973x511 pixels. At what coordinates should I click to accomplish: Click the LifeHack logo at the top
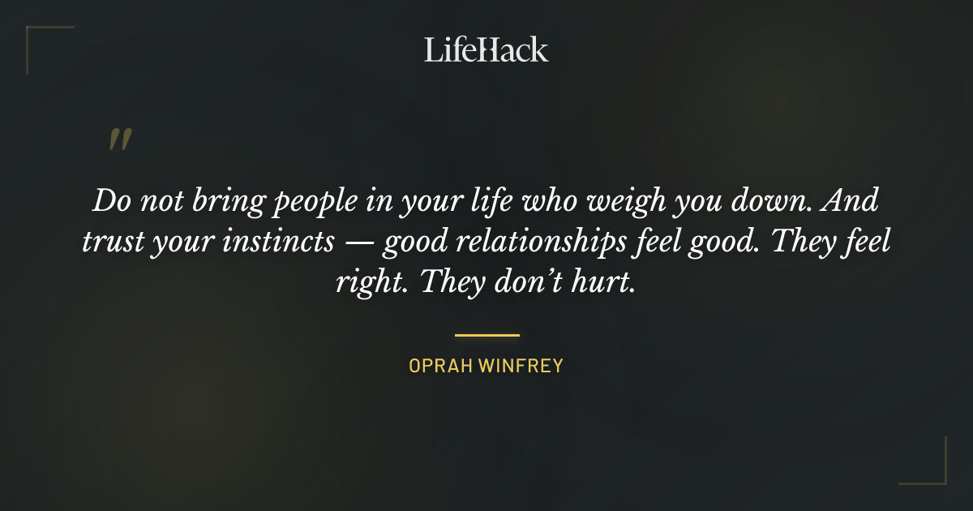(486, 49)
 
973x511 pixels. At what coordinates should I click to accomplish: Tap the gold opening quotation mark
(119, 141)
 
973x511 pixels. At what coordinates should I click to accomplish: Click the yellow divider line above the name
(486, 334)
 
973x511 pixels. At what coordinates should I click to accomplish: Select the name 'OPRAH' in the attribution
(439, 366)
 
